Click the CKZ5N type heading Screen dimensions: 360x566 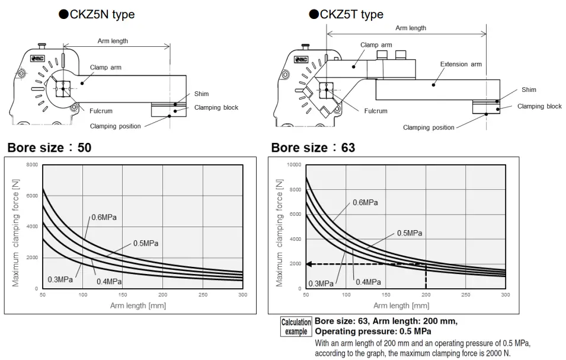(x=96, y=14)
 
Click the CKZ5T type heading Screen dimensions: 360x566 (x=346, y=14)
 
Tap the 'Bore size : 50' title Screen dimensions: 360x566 (x=50, y=147)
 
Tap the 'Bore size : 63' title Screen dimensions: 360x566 (x=313, y=147)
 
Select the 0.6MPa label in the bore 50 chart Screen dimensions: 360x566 (x=104, y=217)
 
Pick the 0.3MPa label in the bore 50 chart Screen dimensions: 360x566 (x=60, y=279)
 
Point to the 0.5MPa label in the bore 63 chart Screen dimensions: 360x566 (x=410, y=233)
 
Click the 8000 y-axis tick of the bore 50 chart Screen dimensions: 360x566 (x=32, y=164)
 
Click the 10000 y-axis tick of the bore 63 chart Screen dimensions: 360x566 (x=293, y=164)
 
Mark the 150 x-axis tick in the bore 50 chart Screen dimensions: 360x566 (x=122, y=295)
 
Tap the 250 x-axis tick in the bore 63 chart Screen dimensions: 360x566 (x=465, y=295)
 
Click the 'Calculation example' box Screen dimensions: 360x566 (x=296, y=327)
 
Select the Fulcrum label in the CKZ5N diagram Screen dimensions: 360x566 (x=101, y=111)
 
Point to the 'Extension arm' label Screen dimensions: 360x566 (x=461, y=64)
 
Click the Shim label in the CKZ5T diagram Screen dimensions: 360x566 (x=529, y=90)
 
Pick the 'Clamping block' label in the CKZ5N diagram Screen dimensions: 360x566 (x=216, y=107)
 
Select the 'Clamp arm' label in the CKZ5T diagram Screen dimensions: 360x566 (x=376, y=45)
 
